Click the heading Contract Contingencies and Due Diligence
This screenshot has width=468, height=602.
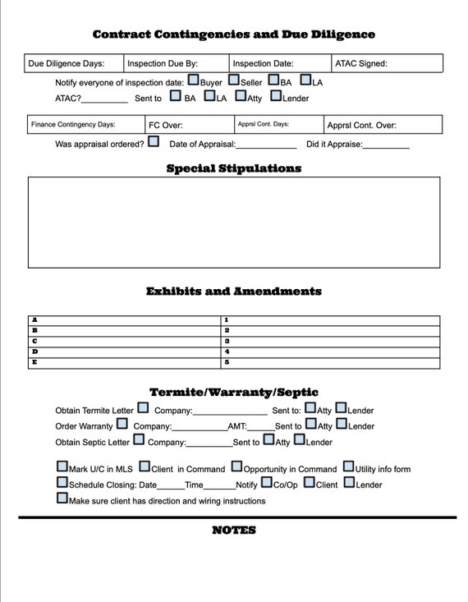233,34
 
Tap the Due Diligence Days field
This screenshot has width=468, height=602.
74,63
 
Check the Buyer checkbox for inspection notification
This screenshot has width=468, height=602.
193,80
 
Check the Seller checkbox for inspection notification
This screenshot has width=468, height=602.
234,80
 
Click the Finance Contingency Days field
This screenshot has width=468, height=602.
84,125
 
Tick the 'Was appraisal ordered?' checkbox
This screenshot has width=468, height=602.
154,142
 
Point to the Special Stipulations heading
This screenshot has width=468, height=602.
233,168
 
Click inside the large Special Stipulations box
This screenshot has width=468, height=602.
233,222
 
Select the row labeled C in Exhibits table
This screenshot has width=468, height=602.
123,341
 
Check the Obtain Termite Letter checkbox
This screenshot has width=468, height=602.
143,407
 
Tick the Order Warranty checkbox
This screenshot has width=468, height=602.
122,424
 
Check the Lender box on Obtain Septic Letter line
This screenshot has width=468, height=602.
300,439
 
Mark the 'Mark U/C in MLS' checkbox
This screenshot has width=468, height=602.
62,466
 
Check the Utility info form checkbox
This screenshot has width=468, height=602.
349,466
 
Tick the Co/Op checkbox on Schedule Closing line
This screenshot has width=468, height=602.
267,482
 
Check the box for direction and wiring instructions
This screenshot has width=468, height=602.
62,498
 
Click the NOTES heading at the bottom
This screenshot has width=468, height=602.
233,531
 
